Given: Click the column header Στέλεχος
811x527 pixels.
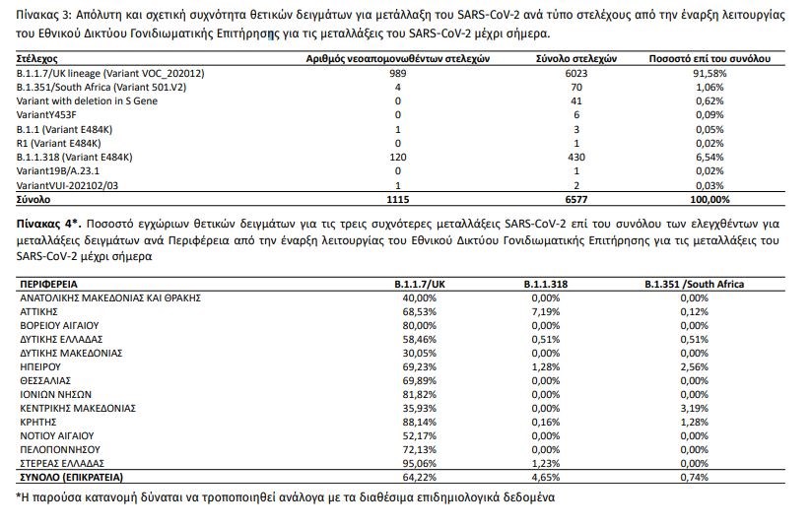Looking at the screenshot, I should point(38,60).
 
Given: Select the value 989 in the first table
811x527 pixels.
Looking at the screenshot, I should point(397,75).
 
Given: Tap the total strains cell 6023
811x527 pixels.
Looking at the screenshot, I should point(576,75).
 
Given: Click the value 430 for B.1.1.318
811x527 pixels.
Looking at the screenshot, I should point(576,158).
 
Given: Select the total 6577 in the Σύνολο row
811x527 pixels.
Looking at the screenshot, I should point(576,199).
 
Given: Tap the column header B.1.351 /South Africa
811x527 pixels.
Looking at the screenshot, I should point(695,284).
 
